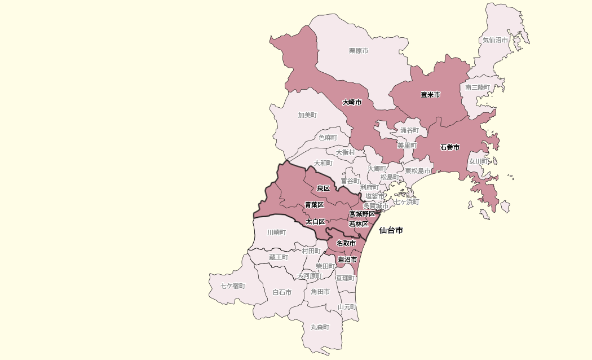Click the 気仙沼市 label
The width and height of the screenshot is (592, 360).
[495, 41]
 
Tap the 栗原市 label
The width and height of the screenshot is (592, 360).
[359, 51]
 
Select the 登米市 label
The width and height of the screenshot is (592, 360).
[430, 95]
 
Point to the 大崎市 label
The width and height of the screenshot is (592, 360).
[352, 102]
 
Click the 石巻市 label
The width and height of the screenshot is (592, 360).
[450, 147]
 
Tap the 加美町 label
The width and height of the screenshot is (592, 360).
[307, 115]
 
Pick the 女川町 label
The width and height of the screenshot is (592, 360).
[478, 161]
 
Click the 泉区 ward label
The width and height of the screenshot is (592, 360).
[323, 188]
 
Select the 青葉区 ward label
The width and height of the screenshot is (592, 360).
[314, 204]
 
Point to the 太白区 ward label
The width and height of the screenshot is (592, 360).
[315, 222]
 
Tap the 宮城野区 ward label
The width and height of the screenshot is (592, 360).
[362, 214]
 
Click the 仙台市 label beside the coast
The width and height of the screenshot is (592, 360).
[391, 230]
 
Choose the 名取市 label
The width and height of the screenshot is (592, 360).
[346, 243]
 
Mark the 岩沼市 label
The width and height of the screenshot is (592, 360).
[347, 260]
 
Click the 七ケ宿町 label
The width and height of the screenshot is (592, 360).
[233, 286]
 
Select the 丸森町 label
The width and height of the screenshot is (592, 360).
[320, 327]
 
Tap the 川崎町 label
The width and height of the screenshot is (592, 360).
[276, 232]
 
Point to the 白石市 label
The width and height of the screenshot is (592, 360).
[282, 292]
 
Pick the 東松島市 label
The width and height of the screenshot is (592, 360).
[417, 171]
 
